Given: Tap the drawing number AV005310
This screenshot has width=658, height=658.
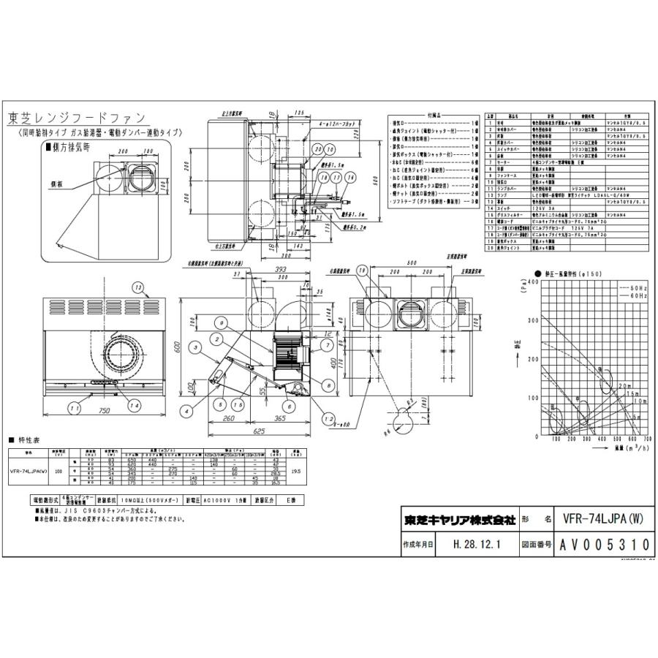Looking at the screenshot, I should click(x=604, y=545).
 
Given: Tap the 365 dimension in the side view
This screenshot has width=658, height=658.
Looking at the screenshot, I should click(x=280, y=419).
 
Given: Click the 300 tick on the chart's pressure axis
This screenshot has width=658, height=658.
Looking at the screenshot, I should click(x=529, y=321).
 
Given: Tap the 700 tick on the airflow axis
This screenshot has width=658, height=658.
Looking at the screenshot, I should click(x=648, y=440).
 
